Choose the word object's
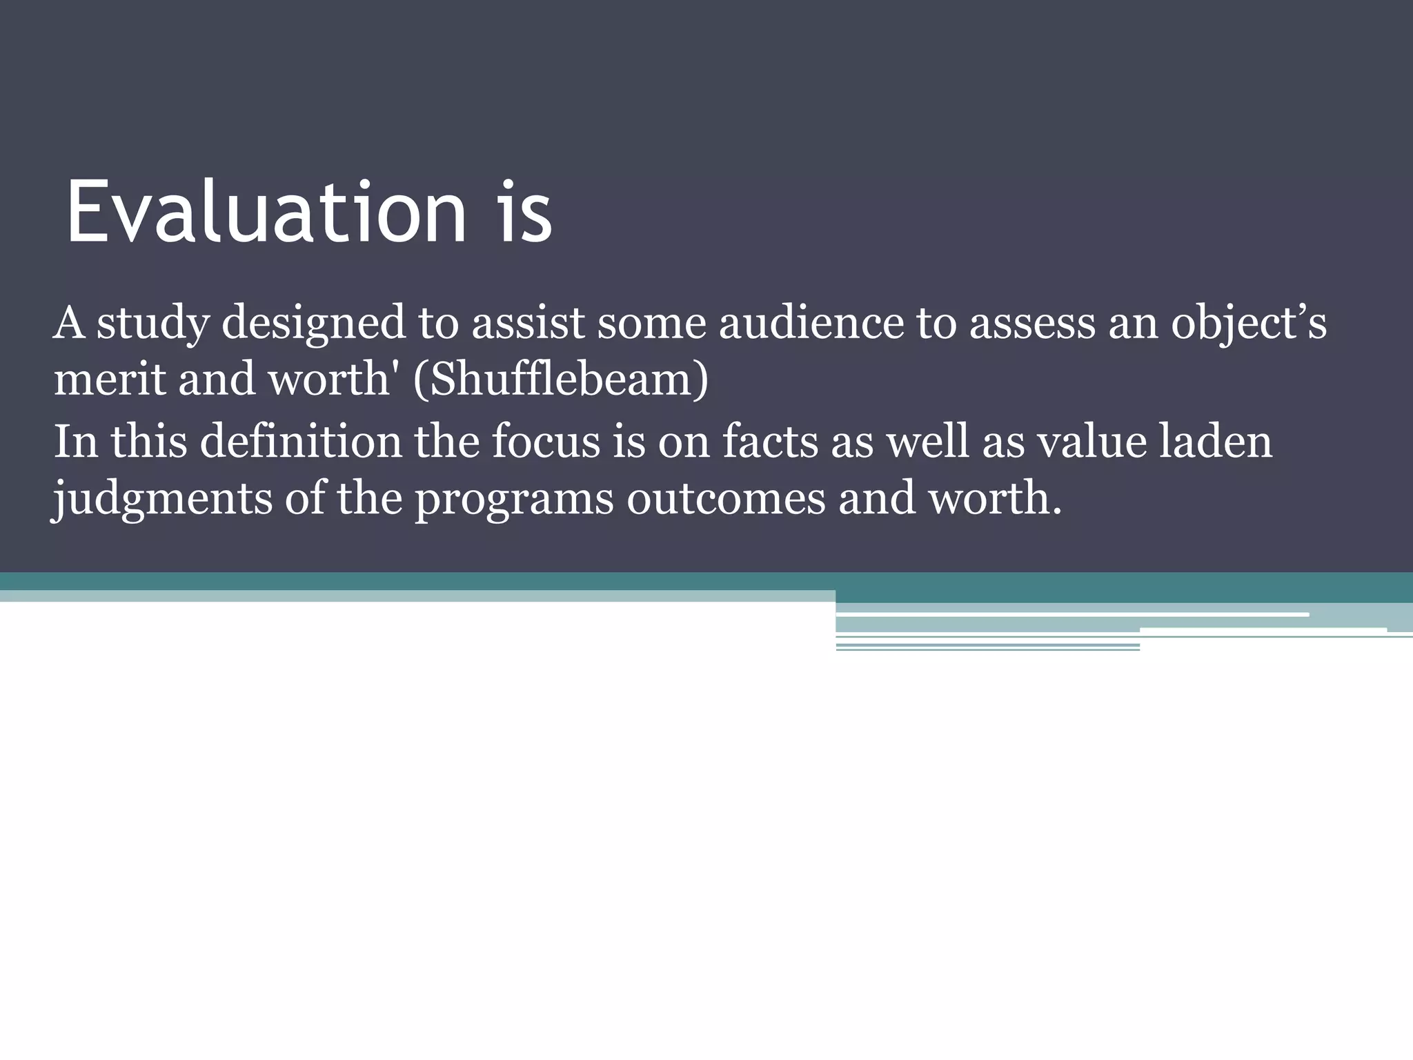tap(1248, 323)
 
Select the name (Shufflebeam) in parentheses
tap(560, 380)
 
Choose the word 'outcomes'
tap(726, 498)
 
